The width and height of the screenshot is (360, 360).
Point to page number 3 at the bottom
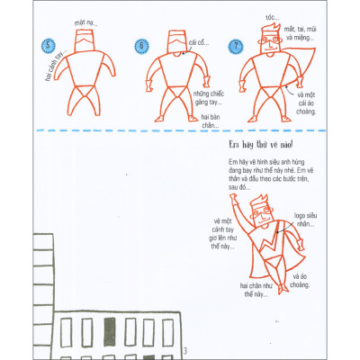(184, 349)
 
